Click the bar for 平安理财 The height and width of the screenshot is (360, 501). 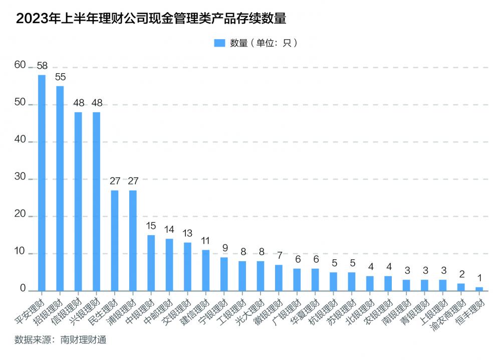[42, 183]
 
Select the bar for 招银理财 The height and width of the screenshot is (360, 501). [60, 189]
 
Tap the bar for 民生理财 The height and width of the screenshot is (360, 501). [115, 241]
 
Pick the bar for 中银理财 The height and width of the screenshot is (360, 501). [151, 263]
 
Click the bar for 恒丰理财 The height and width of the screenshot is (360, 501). [479, 289]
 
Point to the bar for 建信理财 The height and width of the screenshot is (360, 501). [206, 270]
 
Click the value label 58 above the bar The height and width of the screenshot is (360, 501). [42, 66]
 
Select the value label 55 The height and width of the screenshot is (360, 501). [60, 77]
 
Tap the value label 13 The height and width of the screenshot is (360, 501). [187, 233]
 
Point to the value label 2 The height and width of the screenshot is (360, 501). [461, 274]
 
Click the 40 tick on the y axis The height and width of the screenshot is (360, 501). [20, 142]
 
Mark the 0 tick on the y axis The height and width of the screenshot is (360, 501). [23, 289]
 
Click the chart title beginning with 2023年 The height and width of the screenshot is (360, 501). [151, 19]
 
